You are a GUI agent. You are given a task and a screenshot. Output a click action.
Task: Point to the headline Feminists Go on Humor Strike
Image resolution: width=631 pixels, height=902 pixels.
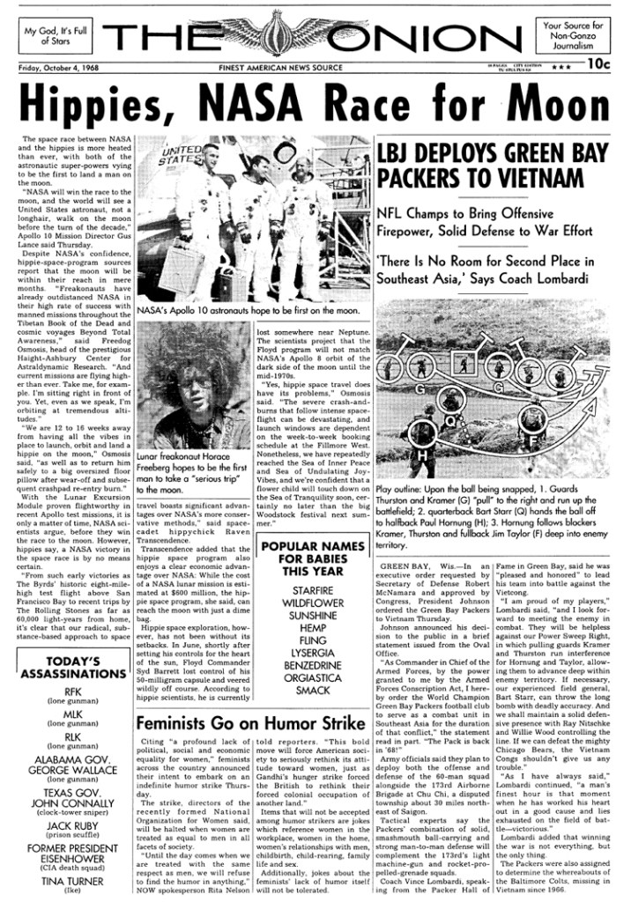pos(249,724)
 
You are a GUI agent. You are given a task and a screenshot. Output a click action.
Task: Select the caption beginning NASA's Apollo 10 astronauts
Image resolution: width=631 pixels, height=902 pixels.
pos(248,311)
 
